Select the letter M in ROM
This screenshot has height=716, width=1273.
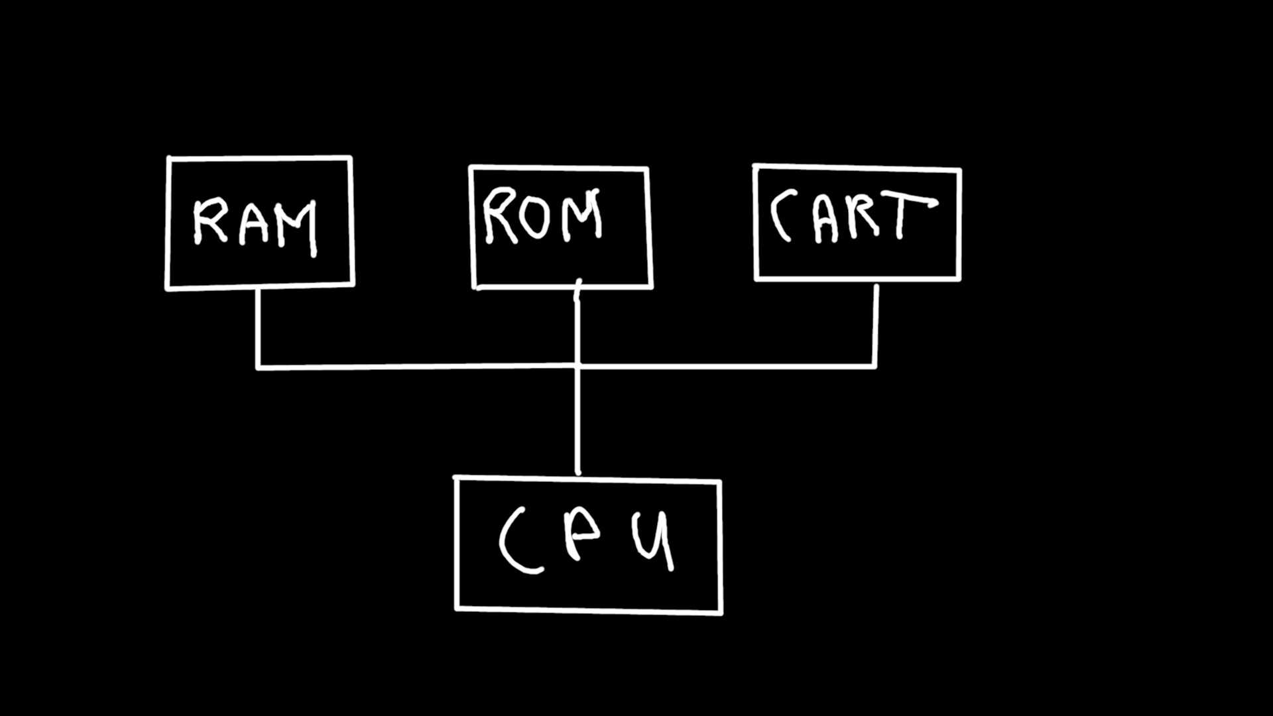(581, 215)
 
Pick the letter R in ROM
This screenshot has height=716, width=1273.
(497, 215)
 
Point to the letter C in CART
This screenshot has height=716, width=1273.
(781, 215)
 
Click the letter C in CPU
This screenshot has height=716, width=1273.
(517, 540)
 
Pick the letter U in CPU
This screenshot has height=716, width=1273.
(653, 540)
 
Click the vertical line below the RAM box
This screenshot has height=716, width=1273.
(258, 328)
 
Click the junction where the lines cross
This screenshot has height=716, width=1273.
(577, 365)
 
